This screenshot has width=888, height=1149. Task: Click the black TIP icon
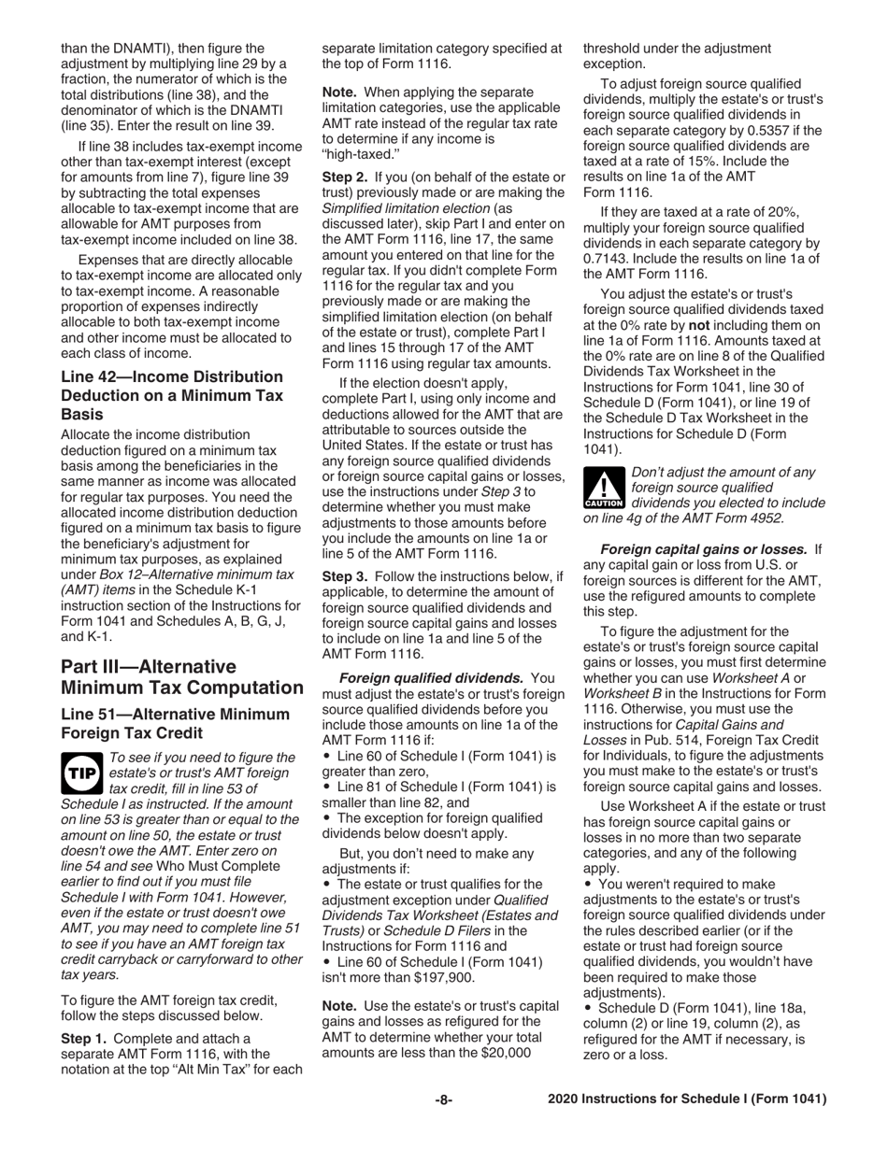click(81, 767)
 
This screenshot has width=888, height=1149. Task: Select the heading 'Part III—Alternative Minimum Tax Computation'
click(181, 677)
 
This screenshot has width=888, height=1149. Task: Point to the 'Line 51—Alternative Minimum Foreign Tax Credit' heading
click(175, 723)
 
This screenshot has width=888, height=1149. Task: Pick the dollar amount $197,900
click(445, 977)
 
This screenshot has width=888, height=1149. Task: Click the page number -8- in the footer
click(444, 1099)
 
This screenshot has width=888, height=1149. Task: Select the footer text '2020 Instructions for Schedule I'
click(687, 1099)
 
